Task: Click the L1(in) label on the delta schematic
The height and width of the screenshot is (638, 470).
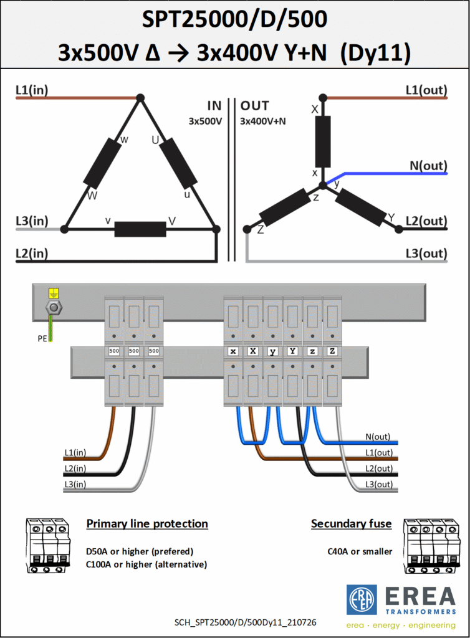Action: pyautogui.click(x=32, y=90)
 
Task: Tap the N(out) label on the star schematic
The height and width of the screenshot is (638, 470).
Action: pyautogui.click(x=428, y=166)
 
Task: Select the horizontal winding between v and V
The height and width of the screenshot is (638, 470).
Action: pyautogui.click(x=140, y=229)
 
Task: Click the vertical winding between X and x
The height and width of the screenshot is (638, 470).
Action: pyautogui.click(x=323, y=141)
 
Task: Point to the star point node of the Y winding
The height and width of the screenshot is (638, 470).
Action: pyautogui.click(x=323, y=186)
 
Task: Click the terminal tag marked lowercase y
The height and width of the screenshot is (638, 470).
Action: pyautogui.click(x=272, y=351)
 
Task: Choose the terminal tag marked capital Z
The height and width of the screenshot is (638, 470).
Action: pyautogui.click(x=332, y=351)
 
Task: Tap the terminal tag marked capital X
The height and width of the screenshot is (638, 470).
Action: pyautogui.click(x=252, y=351)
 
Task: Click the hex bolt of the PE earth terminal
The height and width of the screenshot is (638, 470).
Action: pyautogui.click(x=54, y=308)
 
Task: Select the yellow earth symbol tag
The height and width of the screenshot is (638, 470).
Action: pyautogui.click(x=54, y=293)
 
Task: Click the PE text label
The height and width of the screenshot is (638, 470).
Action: pyautogui.click(x=42, y=338)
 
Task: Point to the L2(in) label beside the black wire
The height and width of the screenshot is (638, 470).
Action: pyautogui.click(x=75, y=469)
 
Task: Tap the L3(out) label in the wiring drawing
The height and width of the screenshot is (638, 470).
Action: pyautogui.click(x=379, y=484)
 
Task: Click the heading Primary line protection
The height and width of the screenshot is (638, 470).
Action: pyautogui.click(x=147, y=523)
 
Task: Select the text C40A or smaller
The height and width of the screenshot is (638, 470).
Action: pyautogui.click(x=360, y=551)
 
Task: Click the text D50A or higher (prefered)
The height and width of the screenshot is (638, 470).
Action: pyautogui.click(x=140, y=551)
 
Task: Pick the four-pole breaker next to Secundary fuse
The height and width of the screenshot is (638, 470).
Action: pyautogui.click(x=432, y=546)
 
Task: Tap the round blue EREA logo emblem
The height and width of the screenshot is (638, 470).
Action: pyautogui.click(x=362, y=600)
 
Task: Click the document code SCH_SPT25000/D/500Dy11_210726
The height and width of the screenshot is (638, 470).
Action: pyautogui.click(x=246, y=622)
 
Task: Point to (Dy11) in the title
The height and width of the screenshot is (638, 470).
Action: pyautogui.click(x=375, y=52)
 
